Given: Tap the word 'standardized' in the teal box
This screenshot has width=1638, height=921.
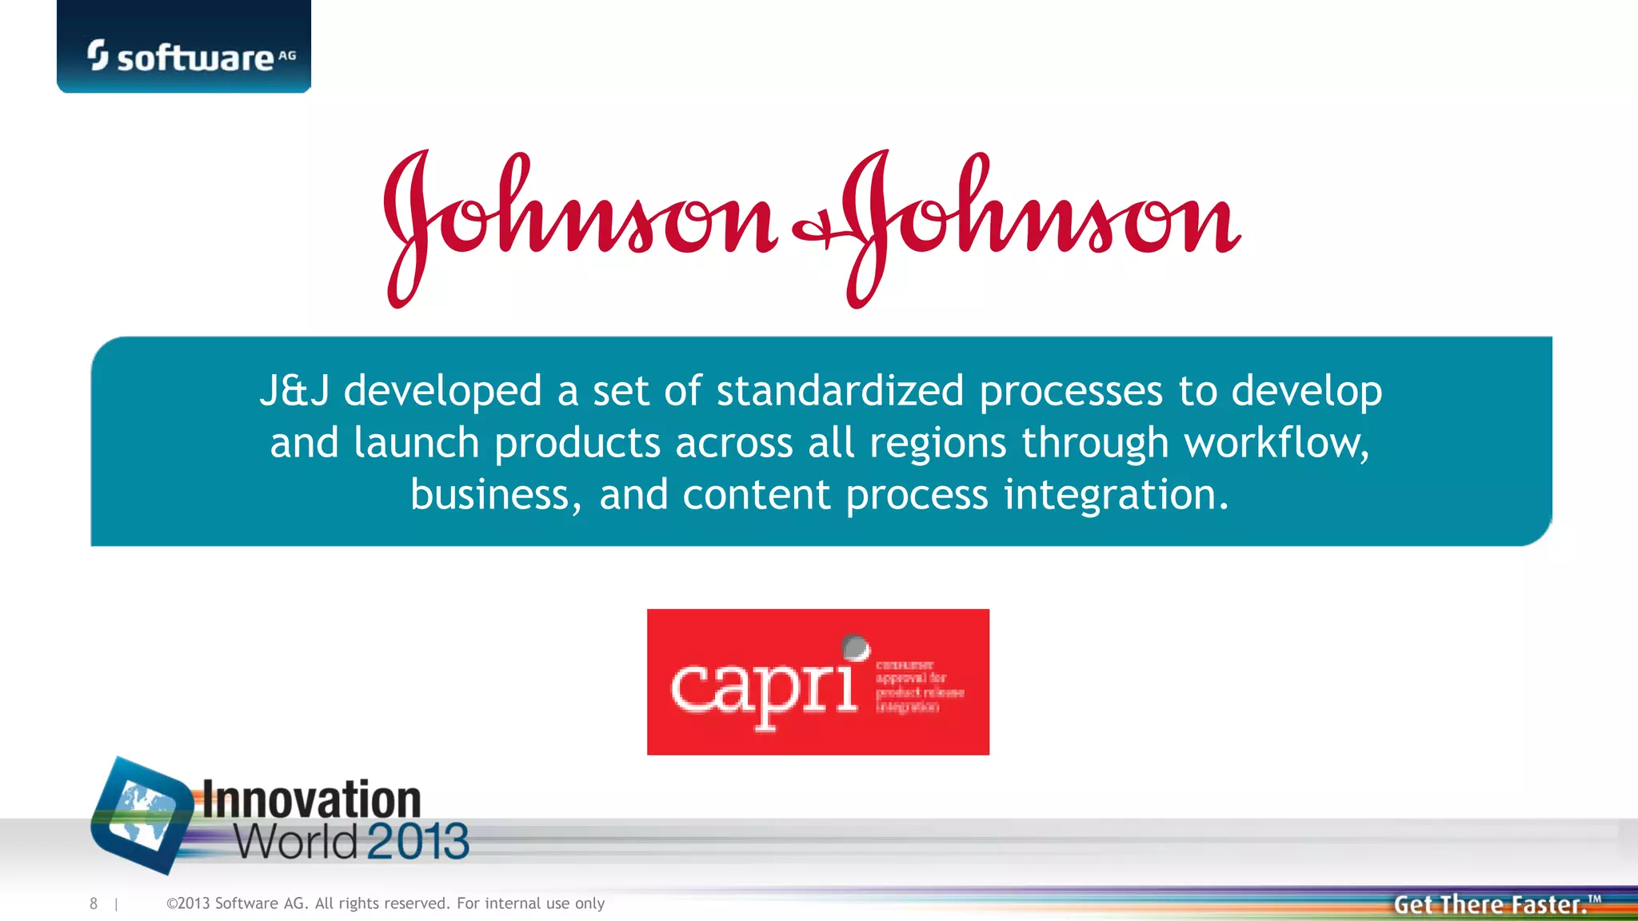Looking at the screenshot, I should click(840, 391).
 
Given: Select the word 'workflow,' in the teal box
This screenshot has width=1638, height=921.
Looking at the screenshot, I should click(1276, 443).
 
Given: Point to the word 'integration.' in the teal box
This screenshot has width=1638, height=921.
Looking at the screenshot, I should click(1116, 495).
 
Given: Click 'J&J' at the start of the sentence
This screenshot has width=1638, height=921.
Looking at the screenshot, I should click(294, 391).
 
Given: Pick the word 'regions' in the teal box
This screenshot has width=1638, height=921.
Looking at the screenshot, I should click(937, 443).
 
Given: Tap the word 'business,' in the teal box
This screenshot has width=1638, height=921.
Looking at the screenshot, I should click(496, 495).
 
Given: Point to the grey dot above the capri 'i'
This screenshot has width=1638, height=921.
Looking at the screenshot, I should click(855, 646).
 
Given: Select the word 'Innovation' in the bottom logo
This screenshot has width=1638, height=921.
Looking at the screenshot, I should click(311, 799).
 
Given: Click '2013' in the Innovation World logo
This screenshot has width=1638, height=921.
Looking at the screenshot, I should click(418, 841).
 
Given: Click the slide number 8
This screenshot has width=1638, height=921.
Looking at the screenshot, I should click(94, 903).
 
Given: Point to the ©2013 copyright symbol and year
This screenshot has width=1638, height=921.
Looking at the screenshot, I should click(188, 903).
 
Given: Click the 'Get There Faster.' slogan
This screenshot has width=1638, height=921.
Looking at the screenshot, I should click(1490, 904).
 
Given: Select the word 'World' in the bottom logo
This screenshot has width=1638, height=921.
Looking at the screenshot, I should click(296, 841).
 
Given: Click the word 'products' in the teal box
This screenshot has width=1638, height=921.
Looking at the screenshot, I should click(577, 443).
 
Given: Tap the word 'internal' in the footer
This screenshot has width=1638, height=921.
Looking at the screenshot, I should click(513, 903).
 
